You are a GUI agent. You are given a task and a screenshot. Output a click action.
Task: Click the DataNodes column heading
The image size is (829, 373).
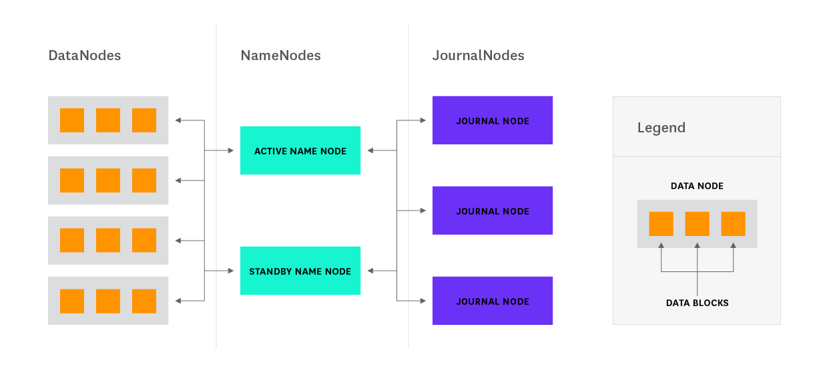84,55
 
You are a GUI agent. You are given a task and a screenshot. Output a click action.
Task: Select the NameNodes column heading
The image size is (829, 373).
280,55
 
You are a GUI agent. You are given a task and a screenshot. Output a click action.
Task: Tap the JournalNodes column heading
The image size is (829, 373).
478,55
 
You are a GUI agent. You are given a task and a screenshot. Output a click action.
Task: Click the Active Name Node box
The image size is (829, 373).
300,150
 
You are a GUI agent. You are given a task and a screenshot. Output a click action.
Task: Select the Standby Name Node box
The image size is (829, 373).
300,271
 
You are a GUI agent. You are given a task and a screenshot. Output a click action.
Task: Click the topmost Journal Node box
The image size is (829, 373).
493,120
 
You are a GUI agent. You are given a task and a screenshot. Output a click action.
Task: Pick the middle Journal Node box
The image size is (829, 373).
493,211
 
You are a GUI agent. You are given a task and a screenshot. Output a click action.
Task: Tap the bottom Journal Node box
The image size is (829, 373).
493,301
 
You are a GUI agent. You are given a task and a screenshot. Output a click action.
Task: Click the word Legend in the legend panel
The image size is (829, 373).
661,128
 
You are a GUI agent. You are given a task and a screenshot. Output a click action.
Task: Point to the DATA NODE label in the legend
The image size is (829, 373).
697,186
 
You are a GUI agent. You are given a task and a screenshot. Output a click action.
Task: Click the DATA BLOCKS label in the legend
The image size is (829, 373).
697,303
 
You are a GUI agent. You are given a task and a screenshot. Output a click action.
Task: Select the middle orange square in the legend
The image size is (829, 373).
697,224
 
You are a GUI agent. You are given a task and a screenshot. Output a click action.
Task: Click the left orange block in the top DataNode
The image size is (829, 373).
72,120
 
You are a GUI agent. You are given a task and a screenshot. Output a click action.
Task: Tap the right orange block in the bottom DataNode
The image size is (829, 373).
144,301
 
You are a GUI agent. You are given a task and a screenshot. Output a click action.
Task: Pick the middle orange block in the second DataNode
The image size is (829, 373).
108,180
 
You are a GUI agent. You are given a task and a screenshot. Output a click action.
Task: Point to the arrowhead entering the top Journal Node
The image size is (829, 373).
423,120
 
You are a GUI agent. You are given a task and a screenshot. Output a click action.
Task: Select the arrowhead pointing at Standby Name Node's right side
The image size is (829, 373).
370,271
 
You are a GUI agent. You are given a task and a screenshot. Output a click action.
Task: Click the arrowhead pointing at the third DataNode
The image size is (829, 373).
178,241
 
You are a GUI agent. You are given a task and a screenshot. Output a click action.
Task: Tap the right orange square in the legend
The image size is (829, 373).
733,224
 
